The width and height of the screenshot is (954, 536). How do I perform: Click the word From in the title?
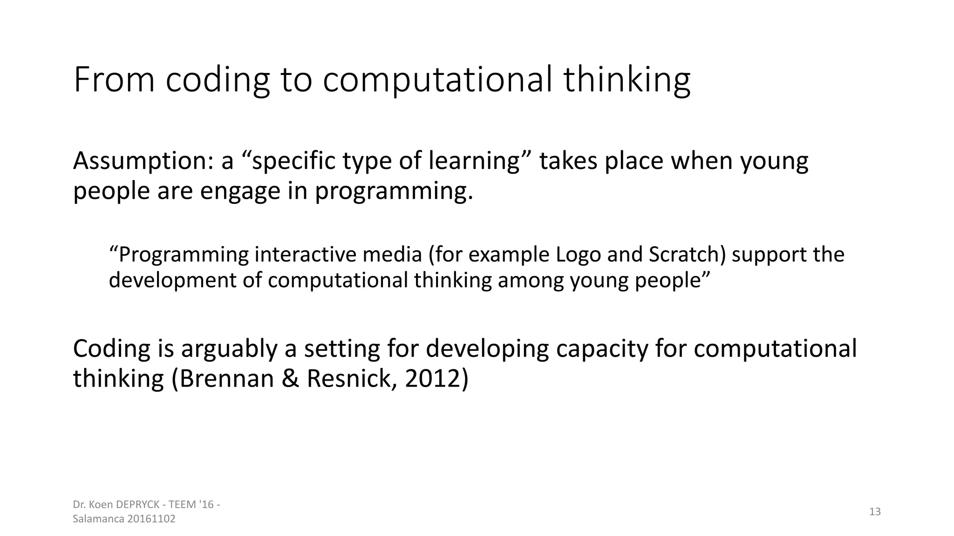pyautogui.click(x=114, y=80)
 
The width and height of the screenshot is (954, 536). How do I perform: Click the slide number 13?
pyautogui.click(x=875, y=512)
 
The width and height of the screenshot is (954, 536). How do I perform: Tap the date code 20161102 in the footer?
pyautogui.click(x=150, y=519)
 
